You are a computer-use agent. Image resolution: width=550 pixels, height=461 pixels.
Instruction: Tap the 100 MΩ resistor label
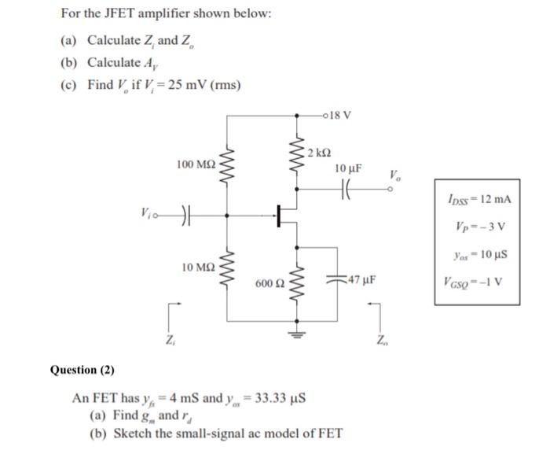[x=196, y=164]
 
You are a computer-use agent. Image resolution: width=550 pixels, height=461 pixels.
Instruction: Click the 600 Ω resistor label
[x=269, y=281]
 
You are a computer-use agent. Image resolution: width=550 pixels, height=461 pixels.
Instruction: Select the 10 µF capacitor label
[x=348, y=168]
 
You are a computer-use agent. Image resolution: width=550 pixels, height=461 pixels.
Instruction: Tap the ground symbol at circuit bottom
[x=297, y=331]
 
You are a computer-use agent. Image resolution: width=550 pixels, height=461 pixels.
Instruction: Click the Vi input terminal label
[x=145, y=212]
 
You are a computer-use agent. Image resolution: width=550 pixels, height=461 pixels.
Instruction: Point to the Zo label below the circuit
[x=380, y=340]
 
